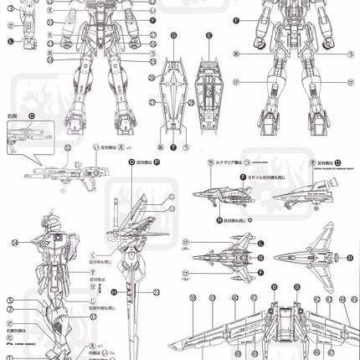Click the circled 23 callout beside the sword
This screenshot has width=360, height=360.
(x=157, y=292)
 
